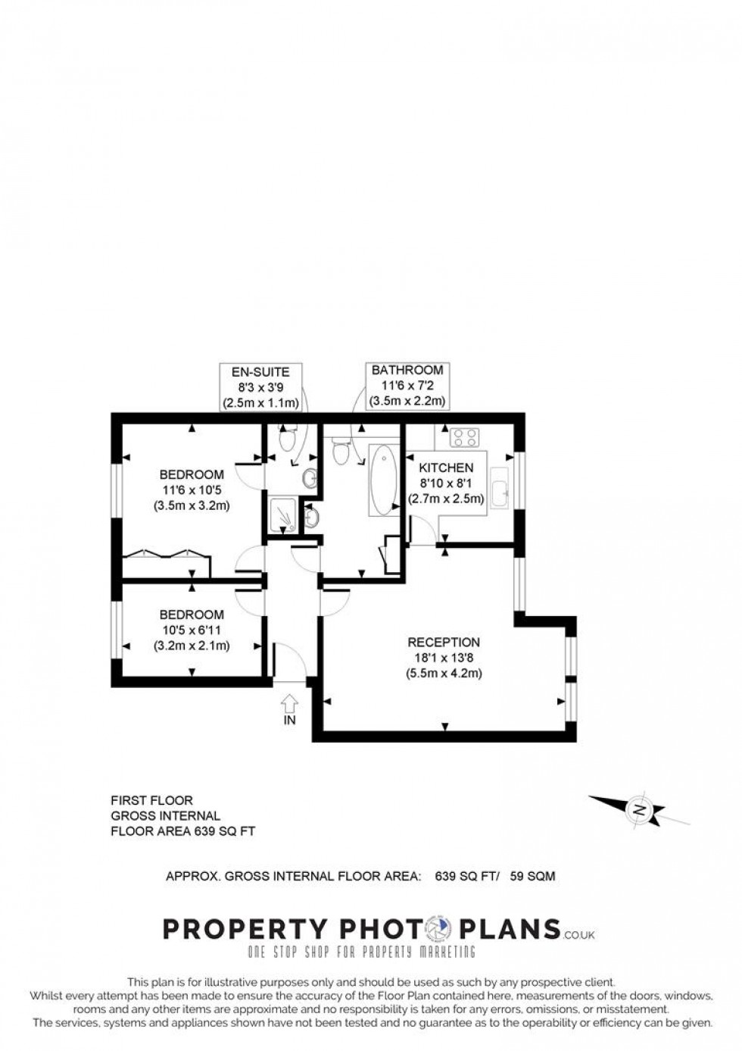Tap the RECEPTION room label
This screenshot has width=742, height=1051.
click(x=443, y=642)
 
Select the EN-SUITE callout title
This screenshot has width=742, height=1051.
click(x=260, y=372)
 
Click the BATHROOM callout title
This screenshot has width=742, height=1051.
click(x=407, y=371)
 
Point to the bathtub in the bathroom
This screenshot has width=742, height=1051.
click(x=383, y=480)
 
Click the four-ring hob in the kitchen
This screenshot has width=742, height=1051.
click(x=464, y=437)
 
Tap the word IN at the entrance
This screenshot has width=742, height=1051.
click(x=290, y=721)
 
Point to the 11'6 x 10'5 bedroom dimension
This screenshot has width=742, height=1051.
click(x=192, y=490)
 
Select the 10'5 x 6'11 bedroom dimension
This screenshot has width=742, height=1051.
click(x=192, y=630)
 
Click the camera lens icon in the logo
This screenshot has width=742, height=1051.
click(x=438, y=928)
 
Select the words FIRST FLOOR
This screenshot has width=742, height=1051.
click(x=152, y=800)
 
